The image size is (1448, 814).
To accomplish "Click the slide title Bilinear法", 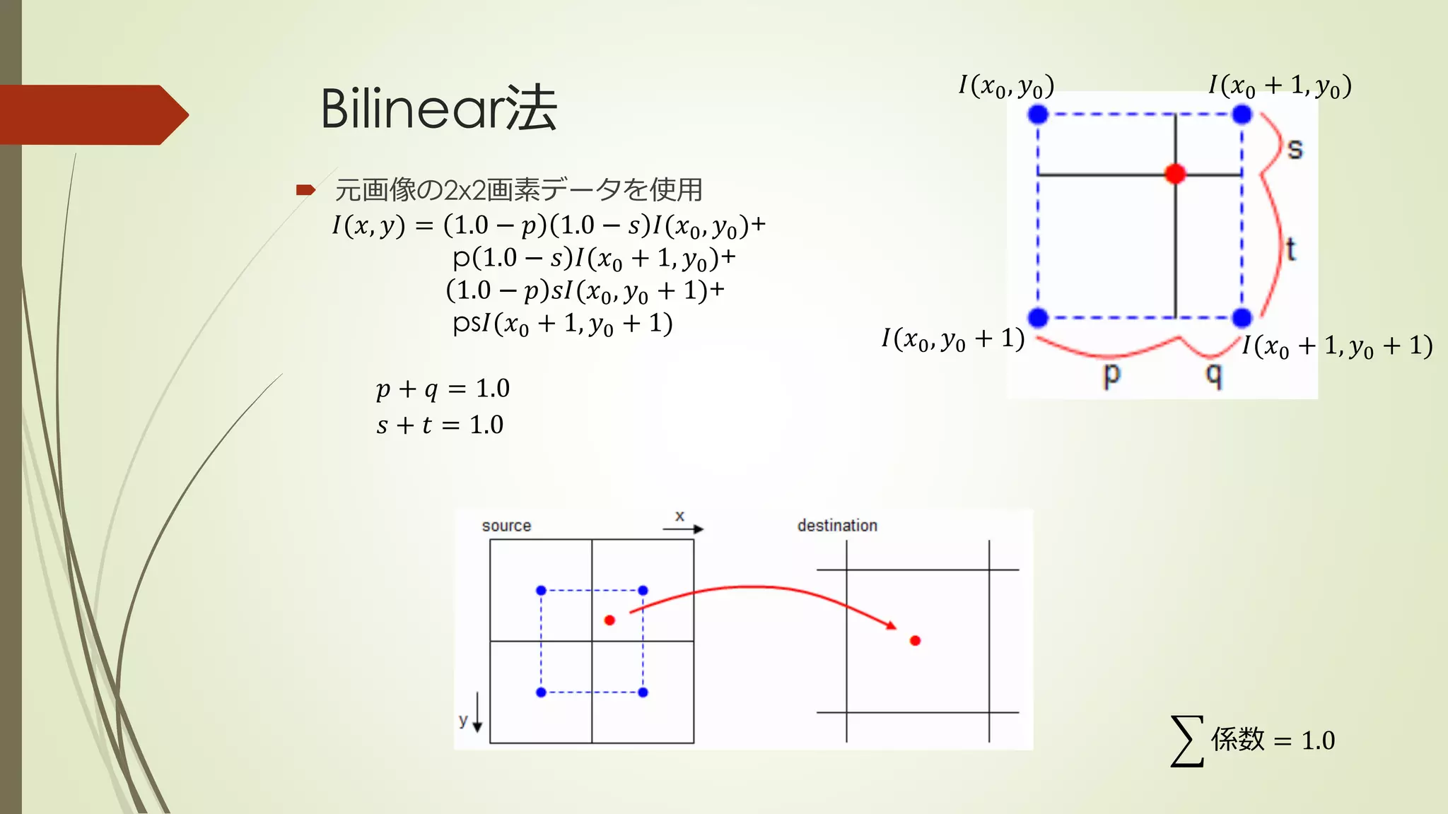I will point(438,109).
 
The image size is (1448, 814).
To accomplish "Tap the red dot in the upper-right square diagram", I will point(1175,174).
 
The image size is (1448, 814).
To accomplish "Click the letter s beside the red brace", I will point(1295,149).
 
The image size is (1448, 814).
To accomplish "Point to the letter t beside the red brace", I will point(1291,249).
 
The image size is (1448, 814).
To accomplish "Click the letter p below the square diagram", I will point(1111,374).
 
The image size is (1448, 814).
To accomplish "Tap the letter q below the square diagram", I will point(1214,374).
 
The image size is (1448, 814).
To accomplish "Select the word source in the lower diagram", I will point(506,526).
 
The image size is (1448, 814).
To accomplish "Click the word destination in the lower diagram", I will point(837,526).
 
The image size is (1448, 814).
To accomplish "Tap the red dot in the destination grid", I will point(915,641).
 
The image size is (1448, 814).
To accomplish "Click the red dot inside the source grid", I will point(609,620).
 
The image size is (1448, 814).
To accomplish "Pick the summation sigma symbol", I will point(1187,741).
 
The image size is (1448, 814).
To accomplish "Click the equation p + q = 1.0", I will point(443,389).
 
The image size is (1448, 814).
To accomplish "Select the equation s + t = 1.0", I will point(440,425).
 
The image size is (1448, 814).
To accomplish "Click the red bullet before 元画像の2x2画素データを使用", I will point(305,189).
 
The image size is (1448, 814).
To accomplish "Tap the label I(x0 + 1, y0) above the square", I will point(1280,85).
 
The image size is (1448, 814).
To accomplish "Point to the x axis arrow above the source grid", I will point(689,529).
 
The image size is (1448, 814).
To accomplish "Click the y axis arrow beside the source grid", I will point(477,714).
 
